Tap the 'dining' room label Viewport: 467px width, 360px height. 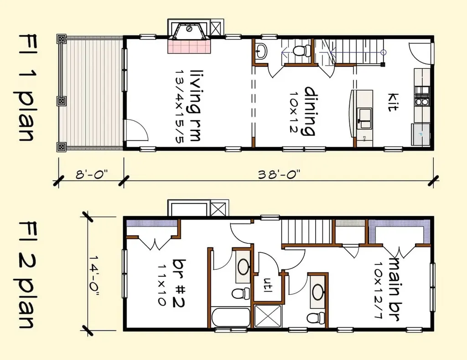tap(310, 111)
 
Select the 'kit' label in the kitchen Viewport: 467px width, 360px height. tap(393, 103)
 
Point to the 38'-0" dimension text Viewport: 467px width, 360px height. tap(279, 175)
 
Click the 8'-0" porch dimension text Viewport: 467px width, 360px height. tap(91, 175)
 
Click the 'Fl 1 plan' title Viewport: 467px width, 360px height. tap(26, 88)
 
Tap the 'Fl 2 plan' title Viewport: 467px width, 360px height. tap(26, 274)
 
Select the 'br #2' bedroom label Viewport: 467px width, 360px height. tap(179, 283)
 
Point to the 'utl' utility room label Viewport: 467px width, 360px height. tap(267, 285)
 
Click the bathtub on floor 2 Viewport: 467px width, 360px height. tap(231, 318)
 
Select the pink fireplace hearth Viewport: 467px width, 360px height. tap(189, 46)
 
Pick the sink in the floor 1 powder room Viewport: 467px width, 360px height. tap(261, 51)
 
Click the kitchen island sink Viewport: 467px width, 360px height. tap(365, 118)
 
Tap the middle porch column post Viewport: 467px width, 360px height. tap(62, 101)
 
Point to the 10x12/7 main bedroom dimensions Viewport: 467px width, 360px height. tap(379, 290)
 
